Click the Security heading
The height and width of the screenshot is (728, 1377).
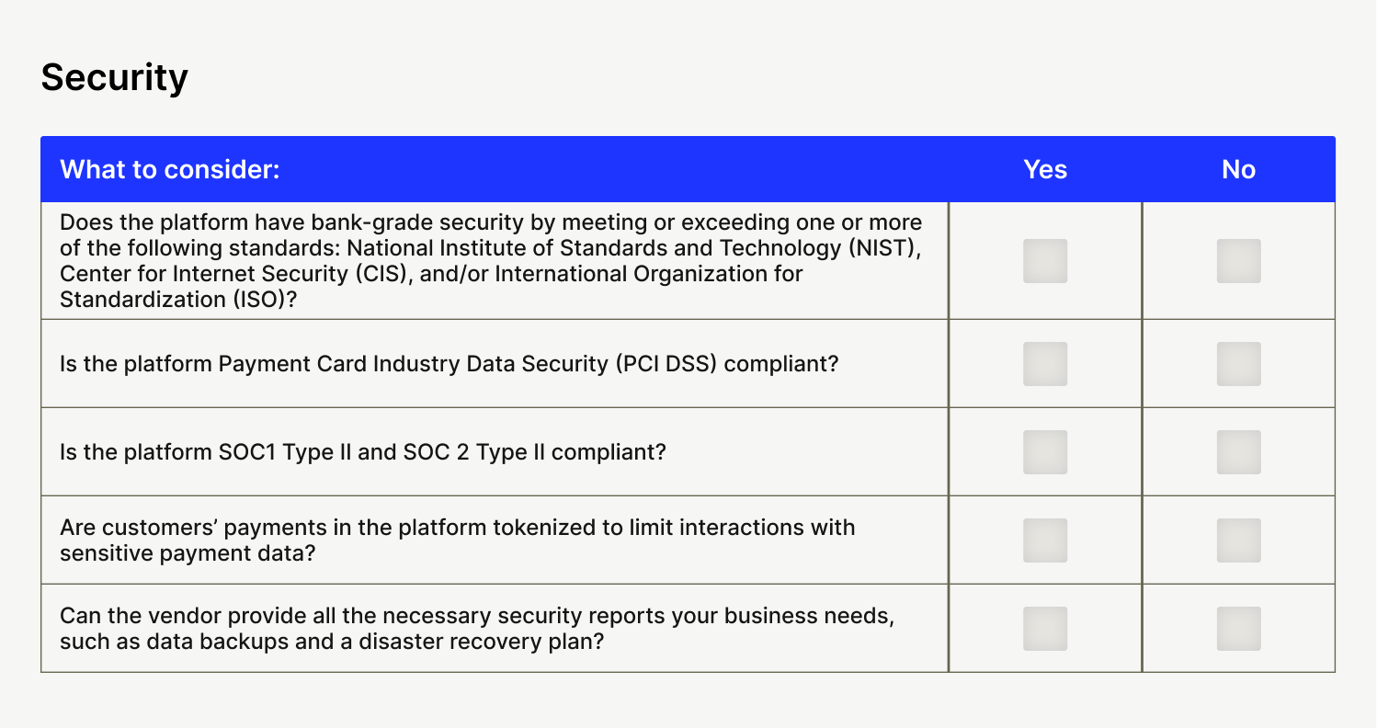pyautogui.click(x=114, y=78)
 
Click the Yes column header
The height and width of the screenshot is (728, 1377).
pyautogui.click(x=1045, y=169)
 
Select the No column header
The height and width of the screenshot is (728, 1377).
pyautogui.click(x=1239, y=169)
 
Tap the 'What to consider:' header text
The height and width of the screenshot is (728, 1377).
pyautogui.click(x=170, y=169)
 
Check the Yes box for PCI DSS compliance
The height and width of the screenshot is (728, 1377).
pyautogui.click(x=1045, y=364)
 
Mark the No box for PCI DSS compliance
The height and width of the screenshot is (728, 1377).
pyautogui.click(x=1239, y=364)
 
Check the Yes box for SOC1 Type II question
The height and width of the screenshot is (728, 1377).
pyautogui.click(x=1045, y=452)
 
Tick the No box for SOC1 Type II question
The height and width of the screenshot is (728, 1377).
pyautogui.click(x=1239, y=452)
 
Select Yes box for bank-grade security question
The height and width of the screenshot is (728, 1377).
pyautogui.click(x=1045, y=261)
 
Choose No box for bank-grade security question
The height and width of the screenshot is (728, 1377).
pyautogui.click(x=1239, y=261)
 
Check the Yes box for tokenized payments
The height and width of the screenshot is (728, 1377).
pyautogui.click(x=1045, y=540)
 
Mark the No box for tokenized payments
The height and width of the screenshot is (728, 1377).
pyautogui.click(x=1239, y=540)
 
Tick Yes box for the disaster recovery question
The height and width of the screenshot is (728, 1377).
pyautogui.click(x=1045, y=629)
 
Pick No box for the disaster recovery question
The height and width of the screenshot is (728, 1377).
pyautogui.click(x=1239, y=629)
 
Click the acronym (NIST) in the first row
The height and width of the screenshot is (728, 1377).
pyautogui.click(x=885, y=248)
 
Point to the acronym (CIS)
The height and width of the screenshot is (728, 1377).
pyautogui.click(x=384, y=274)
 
